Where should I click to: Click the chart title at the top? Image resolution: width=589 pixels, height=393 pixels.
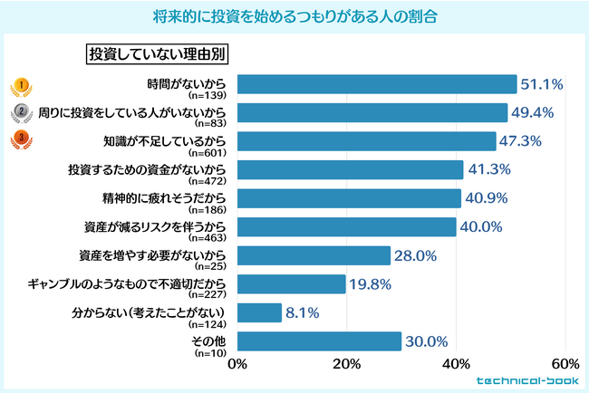(294, 15)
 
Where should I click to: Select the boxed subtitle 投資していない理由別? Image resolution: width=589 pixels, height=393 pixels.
(156, 53)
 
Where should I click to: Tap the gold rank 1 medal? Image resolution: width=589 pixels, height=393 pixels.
(16, 85)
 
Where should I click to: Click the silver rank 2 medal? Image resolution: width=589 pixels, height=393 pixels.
(16, 113)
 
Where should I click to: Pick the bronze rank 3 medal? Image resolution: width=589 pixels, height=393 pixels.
(16, 141)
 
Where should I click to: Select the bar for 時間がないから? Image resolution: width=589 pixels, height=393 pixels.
(376, 85)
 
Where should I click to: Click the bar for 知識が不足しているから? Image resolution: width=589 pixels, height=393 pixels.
(366, 141)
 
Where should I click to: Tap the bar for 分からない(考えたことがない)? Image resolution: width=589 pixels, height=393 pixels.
(259, 312)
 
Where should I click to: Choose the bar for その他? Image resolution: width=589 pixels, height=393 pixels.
(319, 340)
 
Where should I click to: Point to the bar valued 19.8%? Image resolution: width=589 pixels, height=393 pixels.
(291, 284)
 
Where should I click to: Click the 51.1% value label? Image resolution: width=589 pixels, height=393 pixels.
(542, 85)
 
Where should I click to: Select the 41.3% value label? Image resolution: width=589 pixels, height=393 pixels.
(489, 169)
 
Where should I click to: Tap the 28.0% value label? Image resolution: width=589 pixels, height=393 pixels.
(416, 255)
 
